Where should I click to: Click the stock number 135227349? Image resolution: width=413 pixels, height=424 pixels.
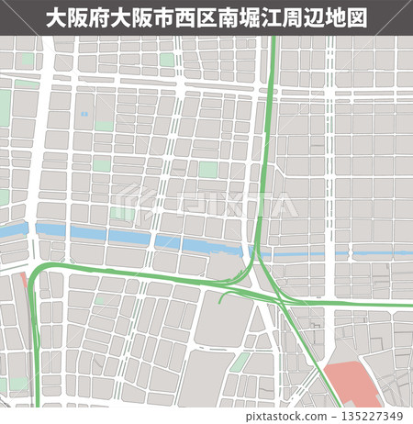tap(376, 414)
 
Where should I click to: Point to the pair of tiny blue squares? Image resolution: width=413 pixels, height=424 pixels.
tap(84, 114)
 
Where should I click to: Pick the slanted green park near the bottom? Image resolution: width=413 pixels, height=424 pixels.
tap(240, 363)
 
